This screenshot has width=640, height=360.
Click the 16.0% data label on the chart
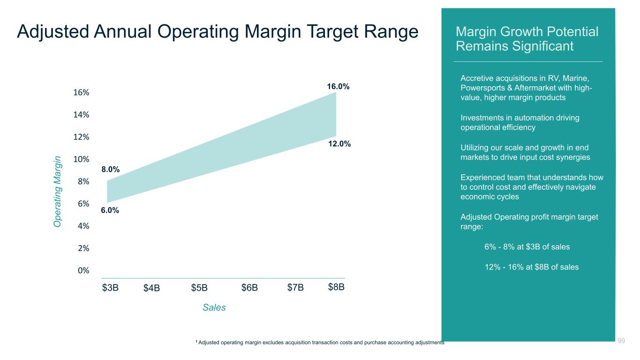(338, 87)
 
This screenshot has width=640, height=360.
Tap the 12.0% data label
(339, 144)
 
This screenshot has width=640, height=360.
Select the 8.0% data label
(110, 170)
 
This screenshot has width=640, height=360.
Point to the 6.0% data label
(110, 210)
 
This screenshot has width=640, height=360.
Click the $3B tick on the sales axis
(110, 287)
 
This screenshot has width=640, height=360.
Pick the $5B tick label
(199, 287)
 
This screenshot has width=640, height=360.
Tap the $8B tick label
(336, 287)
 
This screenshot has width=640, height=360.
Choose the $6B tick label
(249, 287)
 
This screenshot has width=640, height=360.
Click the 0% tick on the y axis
(84, 270)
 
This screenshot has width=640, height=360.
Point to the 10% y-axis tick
(82, 159)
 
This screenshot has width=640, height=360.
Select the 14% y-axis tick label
(82, 115)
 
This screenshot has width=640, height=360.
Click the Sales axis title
(214, 307)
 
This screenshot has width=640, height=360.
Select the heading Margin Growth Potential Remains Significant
(527, 39)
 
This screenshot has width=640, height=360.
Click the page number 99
(621, 341)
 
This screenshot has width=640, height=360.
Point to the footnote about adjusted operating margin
(320, 343)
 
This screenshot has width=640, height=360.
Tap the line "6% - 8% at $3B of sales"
(527, 247)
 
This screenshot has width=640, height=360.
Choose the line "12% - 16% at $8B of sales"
(531, 267)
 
